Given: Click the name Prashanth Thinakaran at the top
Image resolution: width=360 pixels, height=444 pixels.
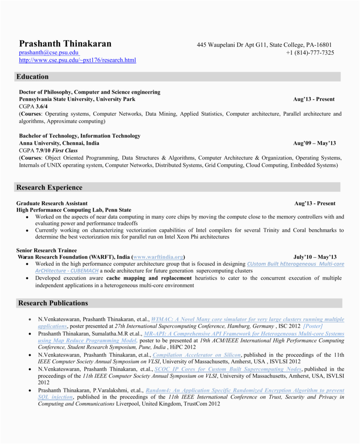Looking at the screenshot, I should (65, 44).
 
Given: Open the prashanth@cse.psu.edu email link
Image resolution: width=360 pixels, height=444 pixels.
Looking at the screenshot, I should (49, 52).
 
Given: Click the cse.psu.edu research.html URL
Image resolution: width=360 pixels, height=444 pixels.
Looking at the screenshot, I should (78, 60).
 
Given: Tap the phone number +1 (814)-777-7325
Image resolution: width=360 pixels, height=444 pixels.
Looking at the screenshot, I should (310, 52).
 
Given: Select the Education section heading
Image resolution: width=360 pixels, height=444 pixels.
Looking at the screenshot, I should (32, 77).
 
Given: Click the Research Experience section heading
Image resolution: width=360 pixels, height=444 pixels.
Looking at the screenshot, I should (49, 187).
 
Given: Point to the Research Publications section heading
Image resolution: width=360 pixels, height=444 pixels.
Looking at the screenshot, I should (53, 303).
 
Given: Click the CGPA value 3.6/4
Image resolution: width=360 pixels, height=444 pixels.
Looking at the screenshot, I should (42, 106).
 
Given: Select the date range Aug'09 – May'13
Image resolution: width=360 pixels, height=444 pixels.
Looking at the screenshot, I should (315, 143).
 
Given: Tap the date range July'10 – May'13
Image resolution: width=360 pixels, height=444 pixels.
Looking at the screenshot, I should (315, 257).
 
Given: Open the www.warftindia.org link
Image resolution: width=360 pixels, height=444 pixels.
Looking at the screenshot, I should (159, 257).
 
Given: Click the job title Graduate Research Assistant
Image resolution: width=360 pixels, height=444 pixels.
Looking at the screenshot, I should (52, 203).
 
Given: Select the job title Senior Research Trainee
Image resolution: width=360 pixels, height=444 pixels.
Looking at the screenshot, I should (46, 250).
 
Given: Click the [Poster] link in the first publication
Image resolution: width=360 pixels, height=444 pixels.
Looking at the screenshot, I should (313, 326).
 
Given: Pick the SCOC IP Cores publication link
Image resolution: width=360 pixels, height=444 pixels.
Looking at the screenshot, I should (228, 369).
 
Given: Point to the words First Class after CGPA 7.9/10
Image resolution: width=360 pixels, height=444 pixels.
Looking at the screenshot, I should (66, 150).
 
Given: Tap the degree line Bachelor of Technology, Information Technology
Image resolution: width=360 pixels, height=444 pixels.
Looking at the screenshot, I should (80, 136).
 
